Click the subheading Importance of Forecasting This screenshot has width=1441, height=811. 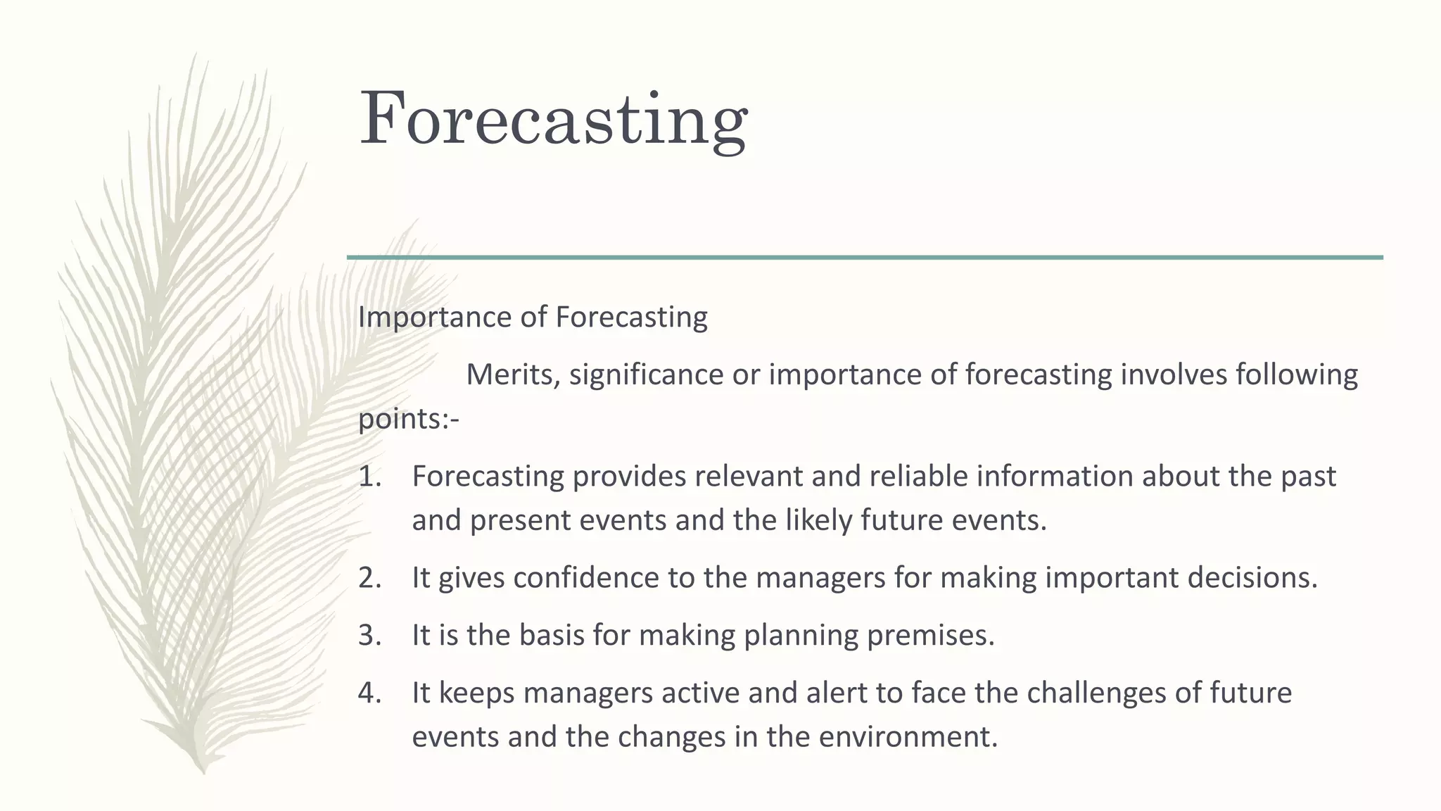(533, 318)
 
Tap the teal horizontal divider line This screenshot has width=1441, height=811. (864, 258)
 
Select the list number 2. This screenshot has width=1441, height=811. (369, 578)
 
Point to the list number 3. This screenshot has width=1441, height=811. (369, 636)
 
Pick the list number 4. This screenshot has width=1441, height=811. (369, 693)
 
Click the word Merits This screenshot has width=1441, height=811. (512, 375)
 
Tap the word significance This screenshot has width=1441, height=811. (646, 375)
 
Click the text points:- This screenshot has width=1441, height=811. (408, 420)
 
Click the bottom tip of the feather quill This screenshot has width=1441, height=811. (203, 772)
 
